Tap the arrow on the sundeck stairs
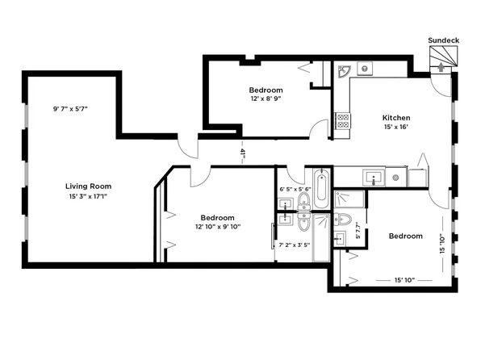440,67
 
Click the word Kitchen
395,119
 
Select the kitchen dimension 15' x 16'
395,129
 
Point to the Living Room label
88,186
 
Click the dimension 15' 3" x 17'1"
89,197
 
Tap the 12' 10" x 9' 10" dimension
218,227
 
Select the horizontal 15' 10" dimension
405,280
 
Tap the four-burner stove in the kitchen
342,121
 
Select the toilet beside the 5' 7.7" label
343,219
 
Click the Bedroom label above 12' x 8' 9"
266,89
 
